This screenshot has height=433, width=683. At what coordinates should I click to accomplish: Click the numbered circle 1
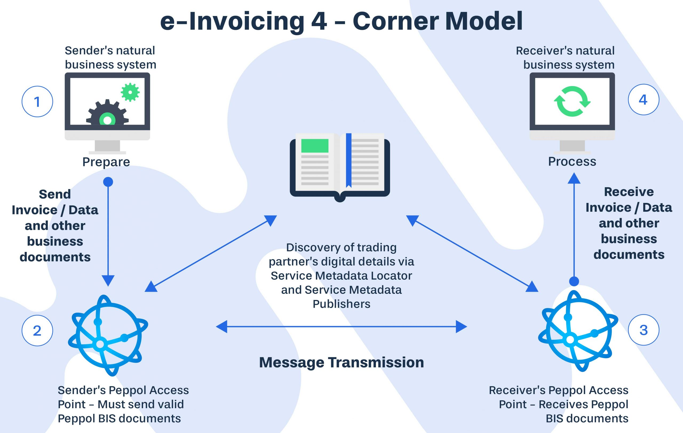[x=37, y=101]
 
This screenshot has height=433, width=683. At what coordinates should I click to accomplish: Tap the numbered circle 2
[x=37, y=330]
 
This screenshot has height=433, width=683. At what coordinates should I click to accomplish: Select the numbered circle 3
[x=643, y=330]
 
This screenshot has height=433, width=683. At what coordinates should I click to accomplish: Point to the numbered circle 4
[x=643, y=99]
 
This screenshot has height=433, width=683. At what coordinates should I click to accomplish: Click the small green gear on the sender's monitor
[x=130, y=92]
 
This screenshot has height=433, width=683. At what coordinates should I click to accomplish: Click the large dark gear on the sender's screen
[x=107, y=115]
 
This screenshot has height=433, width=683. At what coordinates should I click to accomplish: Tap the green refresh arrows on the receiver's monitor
[x=572, y=101]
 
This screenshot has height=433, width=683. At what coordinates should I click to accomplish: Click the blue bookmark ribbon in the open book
[x=349, y=160]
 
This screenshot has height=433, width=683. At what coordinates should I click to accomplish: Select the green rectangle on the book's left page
[x=315, y=146]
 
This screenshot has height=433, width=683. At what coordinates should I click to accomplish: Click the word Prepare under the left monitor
[x=106, y=162]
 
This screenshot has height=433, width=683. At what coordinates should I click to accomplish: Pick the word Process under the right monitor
[x=572, y=162]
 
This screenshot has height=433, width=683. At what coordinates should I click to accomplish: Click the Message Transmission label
[x=341, y=362]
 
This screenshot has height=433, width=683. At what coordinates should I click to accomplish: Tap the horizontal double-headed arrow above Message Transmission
[x=341, y=327]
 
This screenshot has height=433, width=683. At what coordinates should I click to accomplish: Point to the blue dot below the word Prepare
[x=108, y=182]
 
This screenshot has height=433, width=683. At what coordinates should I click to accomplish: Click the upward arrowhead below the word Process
[x=574, y=179]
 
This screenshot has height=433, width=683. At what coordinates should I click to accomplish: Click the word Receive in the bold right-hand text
[x=629, y=192]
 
